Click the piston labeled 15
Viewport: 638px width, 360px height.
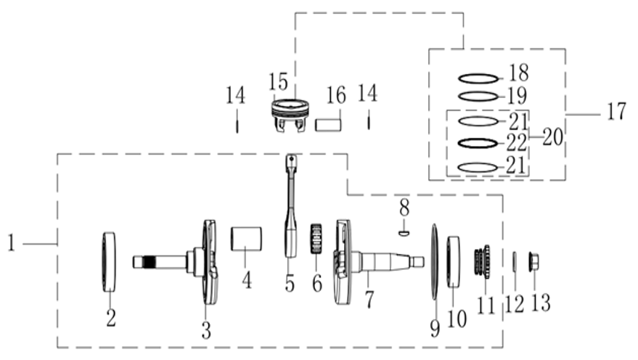point(290,115)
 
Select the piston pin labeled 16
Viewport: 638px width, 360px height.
point(328,124)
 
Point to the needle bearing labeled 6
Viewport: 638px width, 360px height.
point(316,238)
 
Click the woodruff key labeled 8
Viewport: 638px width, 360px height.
point(404,233)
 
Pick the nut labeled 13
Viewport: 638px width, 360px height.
point(533,261)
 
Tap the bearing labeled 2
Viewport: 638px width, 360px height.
point(108,261)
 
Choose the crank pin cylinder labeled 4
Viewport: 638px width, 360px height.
point(246,239)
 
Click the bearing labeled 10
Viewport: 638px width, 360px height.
point(454,261)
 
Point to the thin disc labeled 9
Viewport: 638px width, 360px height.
point(435,261)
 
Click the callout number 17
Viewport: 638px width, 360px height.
point(617,111)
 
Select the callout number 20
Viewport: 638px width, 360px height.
point(553,136)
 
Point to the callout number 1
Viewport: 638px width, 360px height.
point(12,243)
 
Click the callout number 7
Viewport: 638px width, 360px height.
point(369,300)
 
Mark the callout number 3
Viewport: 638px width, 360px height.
point(206,330)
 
